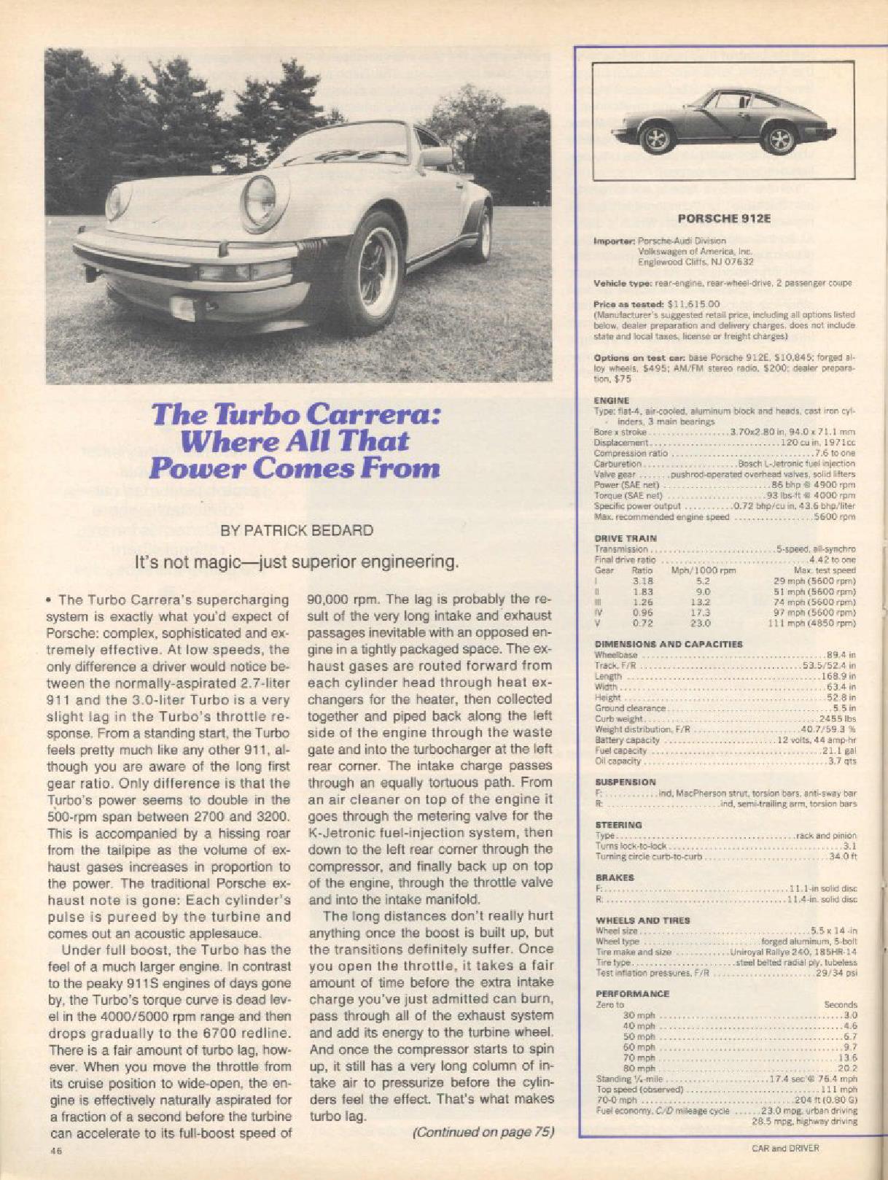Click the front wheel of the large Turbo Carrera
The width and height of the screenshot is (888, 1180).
[x=372, y=271]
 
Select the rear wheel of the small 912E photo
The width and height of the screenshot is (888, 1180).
[x=781, y=138]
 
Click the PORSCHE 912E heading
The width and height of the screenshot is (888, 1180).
[x=723, y=217]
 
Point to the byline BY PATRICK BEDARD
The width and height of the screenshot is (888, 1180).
[x=297, y=530]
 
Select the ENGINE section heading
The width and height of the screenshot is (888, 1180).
[x=612, y=400]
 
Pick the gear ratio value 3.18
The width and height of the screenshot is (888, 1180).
[x=642, y=581]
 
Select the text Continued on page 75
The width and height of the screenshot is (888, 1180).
[x=483, y=1133]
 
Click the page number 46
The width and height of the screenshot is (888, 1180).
[x=55, y=1150]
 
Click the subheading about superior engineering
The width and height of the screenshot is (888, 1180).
[x=297, y=562]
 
